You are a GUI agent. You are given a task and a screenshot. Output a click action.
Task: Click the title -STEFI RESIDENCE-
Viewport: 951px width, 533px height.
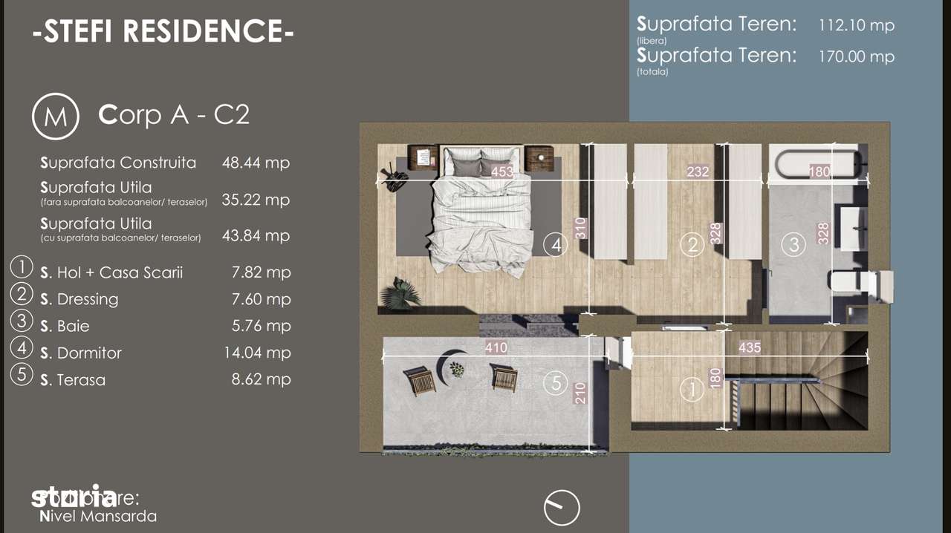(x=163, y=32)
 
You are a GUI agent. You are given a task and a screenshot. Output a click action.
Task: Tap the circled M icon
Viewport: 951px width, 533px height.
(x=56, y=117)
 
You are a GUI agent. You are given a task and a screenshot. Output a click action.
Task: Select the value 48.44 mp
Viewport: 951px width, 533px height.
(x=256, y=163)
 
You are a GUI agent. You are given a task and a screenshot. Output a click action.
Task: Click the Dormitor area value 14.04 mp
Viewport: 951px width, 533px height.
(x=257, y=353)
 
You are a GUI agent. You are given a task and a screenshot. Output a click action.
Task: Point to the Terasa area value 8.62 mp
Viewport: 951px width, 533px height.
(x=261, y=379)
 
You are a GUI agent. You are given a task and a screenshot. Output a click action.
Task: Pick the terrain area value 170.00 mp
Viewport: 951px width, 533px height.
(x=857, y=56)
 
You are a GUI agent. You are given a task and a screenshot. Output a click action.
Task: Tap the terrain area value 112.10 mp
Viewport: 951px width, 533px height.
(x=857, y=25)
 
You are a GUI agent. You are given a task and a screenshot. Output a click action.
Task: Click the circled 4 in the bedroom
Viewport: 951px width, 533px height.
(x=556, y=243)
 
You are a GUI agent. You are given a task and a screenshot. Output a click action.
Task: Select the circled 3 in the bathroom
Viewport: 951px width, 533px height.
(x=794, y=243)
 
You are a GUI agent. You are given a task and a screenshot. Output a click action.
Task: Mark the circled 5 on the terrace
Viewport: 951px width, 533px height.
(x=556, y=383)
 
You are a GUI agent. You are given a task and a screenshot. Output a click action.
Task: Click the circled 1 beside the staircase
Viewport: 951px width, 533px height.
(x=692, y=388)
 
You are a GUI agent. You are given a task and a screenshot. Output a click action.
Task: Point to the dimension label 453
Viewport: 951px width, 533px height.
(x=504, y=171)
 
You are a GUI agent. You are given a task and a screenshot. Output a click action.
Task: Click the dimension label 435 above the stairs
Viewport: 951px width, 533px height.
(x=750, y=347)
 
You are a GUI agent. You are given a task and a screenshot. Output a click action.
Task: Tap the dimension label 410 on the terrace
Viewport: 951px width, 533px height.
(x=496, y=347)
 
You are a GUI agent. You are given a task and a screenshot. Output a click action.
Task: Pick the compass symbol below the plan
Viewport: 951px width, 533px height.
(x=562, y=508)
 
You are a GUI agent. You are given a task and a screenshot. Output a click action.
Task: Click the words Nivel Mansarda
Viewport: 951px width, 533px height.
(x=97, y=516)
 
